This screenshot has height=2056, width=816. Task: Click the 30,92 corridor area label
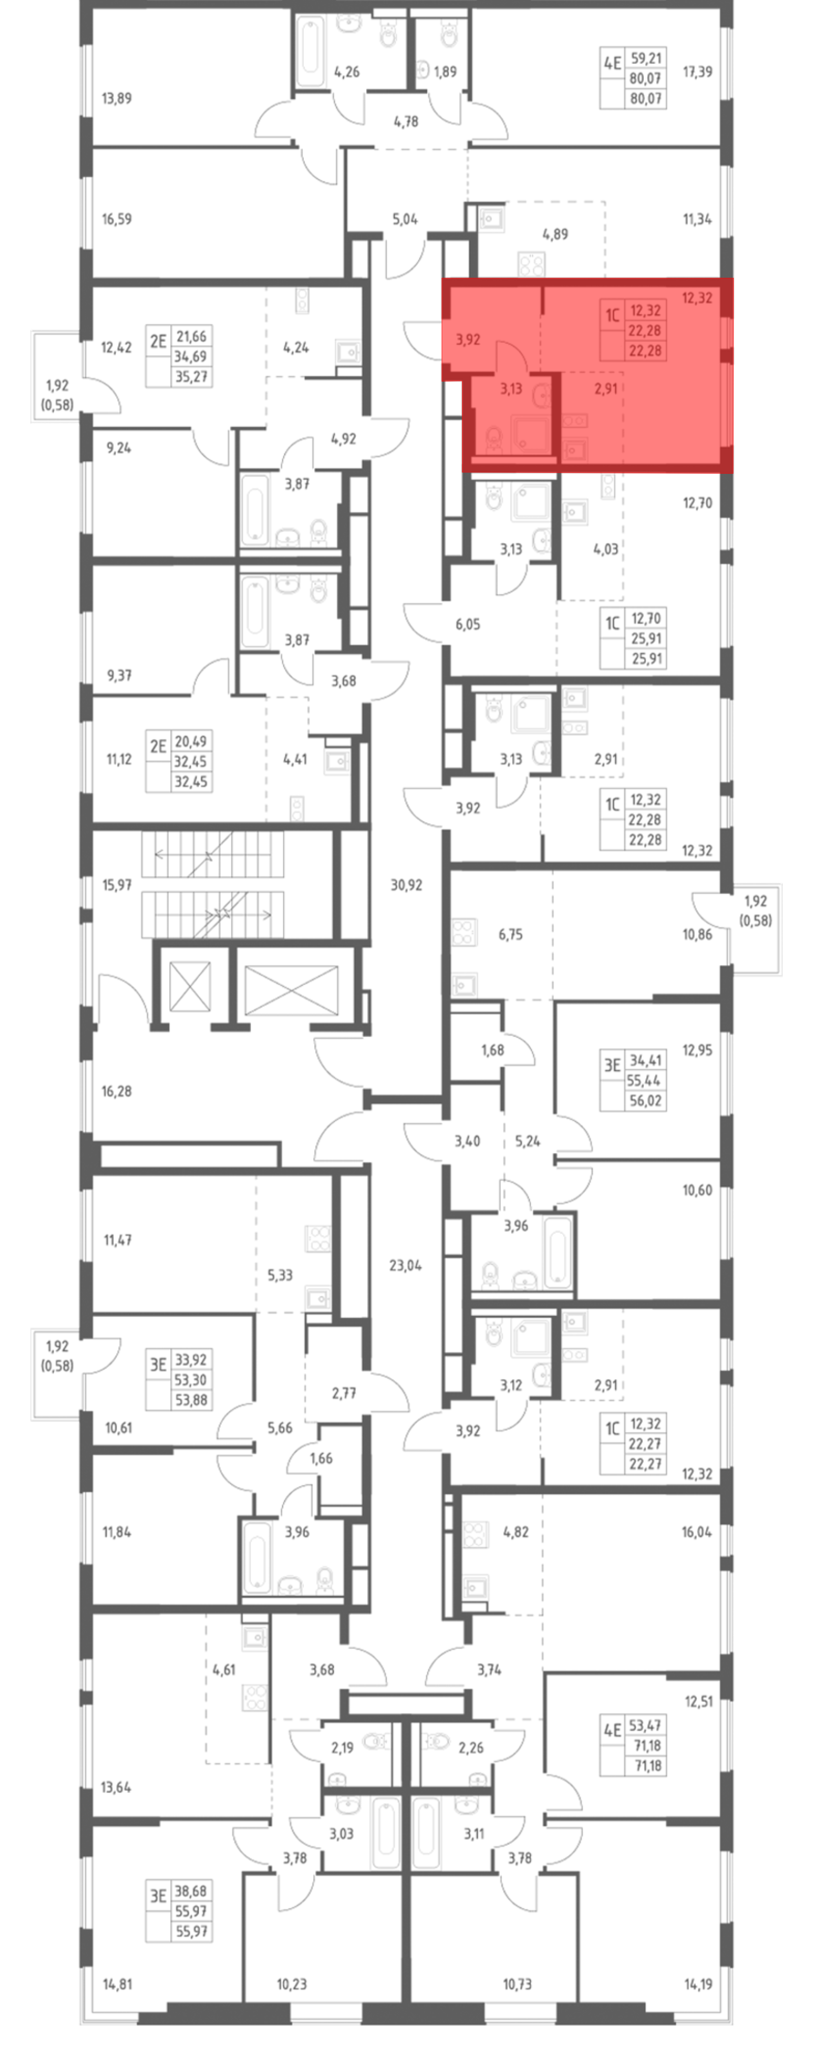pyautogui.click(x=406, y=884)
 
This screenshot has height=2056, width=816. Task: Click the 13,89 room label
pyautogui.click(x=117, y=98)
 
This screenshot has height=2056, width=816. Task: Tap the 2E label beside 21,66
pyautogui.click(x=158, y=342)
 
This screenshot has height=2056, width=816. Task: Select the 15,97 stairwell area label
pyautogui.click(x=117, y=884)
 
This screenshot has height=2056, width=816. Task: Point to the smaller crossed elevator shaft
pyautogui.click(x=190, y=986)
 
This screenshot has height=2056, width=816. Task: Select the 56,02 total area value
pyautogui.click(x=645, y=1101)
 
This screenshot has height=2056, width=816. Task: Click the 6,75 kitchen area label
pyautogui.click(x=510, y=934)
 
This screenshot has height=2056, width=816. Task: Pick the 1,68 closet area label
pyautogui.click(x=492, y=1050)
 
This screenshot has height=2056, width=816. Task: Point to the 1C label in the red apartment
pyautogui.click(x=612, y=315)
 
